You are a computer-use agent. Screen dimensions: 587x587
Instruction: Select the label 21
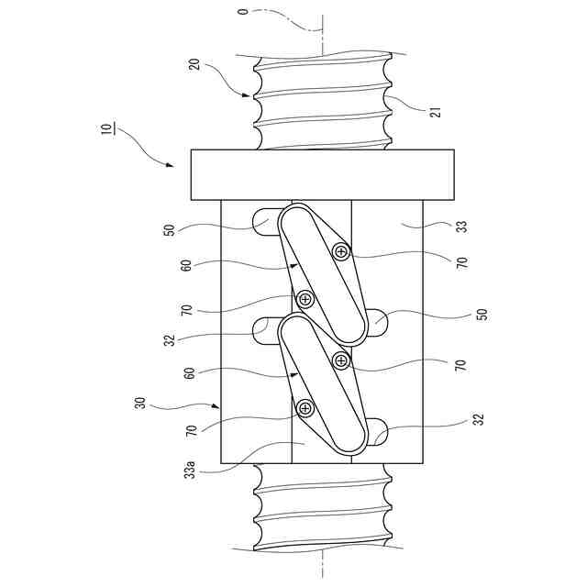[436, 113]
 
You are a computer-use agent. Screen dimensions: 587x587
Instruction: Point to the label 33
[461, 227]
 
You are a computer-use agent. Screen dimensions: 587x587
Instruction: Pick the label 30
[141, 403]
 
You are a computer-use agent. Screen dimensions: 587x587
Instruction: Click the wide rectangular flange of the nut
[322, 174]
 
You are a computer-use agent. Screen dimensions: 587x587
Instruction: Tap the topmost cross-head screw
[341, 252]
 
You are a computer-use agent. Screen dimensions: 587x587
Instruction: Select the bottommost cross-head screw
[305, 407]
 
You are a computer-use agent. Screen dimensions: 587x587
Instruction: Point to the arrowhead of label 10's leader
[172, 166]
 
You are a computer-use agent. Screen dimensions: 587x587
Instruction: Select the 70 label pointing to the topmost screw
[461, 261]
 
